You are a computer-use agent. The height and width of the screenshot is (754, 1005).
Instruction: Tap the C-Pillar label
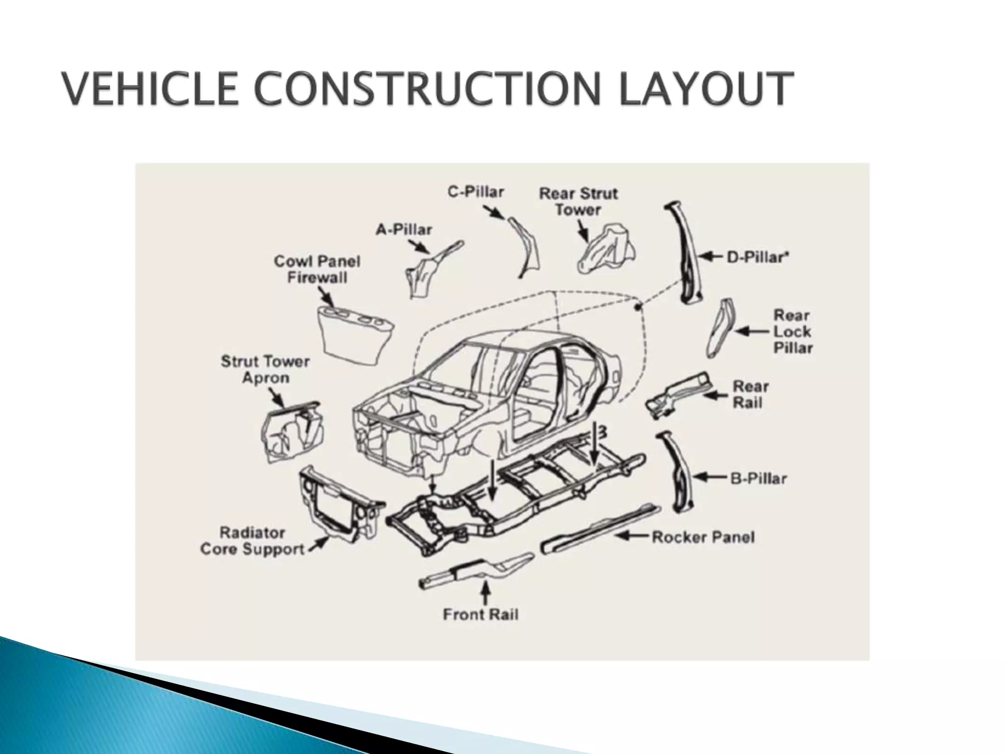476,191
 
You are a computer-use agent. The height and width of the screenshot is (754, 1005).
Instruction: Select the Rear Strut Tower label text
578,201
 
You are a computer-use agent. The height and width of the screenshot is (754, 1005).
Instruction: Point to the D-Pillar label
757,257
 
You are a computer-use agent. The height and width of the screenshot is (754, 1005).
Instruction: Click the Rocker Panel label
703,537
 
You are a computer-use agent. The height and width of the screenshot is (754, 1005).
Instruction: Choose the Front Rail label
480,614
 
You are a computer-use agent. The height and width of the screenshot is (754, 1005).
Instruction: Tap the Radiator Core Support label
252,540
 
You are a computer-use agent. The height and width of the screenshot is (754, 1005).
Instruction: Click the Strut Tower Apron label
265,370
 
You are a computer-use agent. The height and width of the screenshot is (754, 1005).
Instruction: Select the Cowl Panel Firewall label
317,269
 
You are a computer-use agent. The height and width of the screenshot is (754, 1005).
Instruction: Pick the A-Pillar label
404,229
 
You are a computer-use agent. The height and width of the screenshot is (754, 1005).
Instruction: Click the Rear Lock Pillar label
793,331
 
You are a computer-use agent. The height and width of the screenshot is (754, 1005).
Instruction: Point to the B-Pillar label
758,478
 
